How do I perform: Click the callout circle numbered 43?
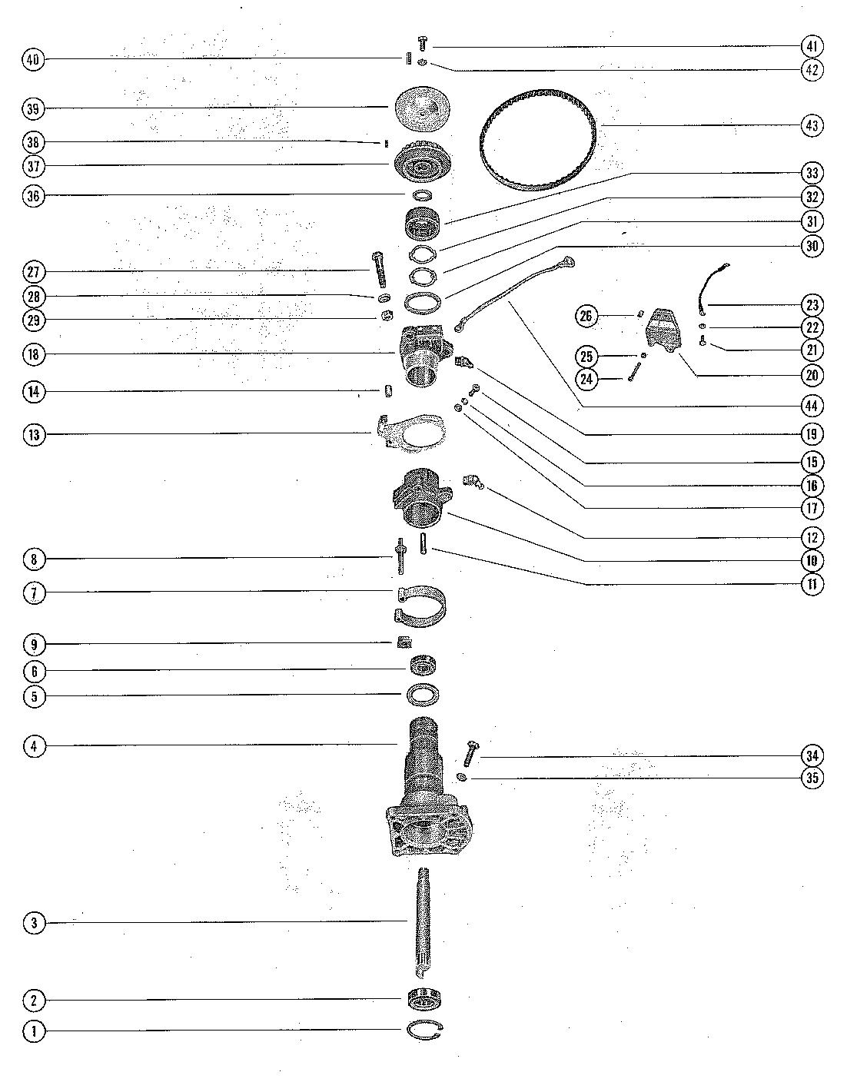click(x=812, y=125)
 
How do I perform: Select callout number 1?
click(x=34, y=1031)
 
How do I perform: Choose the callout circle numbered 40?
click(x=34, y=59)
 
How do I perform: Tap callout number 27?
click(x=34, y=272)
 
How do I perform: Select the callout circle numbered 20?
click(x=812, y=375)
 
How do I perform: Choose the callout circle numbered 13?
click(x=34, y=435)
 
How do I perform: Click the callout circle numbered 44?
click(x=812, y=405)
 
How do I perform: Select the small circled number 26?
click(x=588, y=316)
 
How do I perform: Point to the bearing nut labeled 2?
click(x=423, y=999)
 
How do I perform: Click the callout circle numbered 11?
click(x=812, y=585)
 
